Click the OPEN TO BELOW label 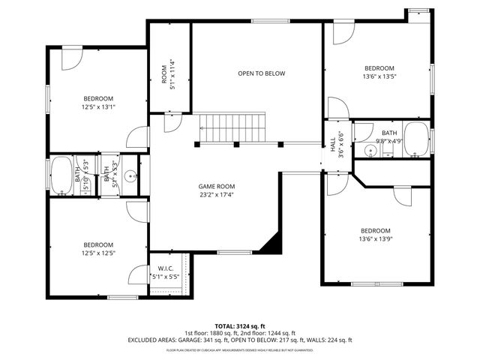coord(262,73)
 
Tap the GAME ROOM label coord(217,187)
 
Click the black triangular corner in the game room coord(272,242)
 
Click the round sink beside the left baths coord(130,177)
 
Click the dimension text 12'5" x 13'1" coord(98,107)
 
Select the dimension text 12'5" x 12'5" coord(98,253)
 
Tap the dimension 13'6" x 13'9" coord(376,239)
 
